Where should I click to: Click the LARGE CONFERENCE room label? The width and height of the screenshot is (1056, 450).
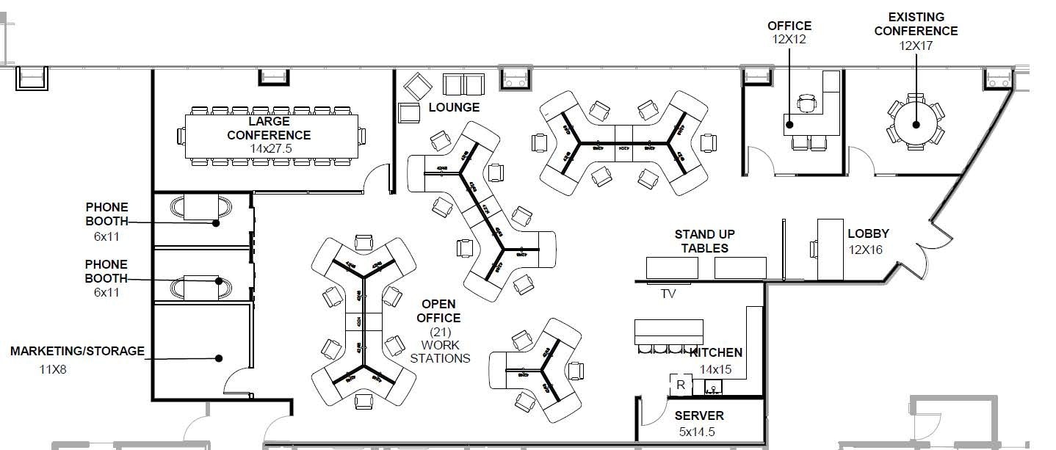[269, 128]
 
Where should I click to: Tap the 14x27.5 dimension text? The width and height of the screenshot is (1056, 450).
[269, 148]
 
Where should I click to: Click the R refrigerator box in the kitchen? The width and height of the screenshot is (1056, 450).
[681, 384]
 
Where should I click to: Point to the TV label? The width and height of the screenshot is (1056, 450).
[668, 294]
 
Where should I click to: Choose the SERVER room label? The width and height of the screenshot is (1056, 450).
[699, 416]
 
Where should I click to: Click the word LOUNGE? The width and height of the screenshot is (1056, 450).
[454, 107]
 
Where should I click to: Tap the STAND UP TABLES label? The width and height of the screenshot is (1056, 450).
[704, 241]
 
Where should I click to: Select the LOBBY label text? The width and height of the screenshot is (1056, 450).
[868, 234]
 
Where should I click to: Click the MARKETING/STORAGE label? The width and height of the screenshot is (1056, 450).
[77, 352]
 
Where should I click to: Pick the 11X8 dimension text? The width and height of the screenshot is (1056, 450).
[53, 370]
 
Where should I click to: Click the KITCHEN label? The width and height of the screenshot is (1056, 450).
[716, 353]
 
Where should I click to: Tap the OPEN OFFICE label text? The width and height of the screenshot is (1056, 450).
[438, 311]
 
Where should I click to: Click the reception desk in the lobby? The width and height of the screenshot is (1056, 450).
[831, 249]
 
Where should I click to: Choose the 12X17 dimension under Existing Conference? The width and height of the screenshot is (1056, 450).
[916, 46]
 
